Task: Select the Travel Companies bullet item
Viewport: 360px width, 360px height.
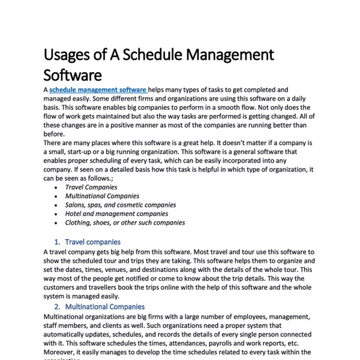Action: click(91, 187)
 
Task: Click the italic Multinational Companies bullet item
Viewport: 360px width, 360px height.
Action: click(102, 196)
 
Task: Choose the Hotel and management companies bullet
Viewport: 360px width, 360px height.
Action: click(116, 214)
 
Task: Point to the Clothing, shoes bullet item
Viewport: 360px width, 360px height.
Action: click(125, 223)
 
